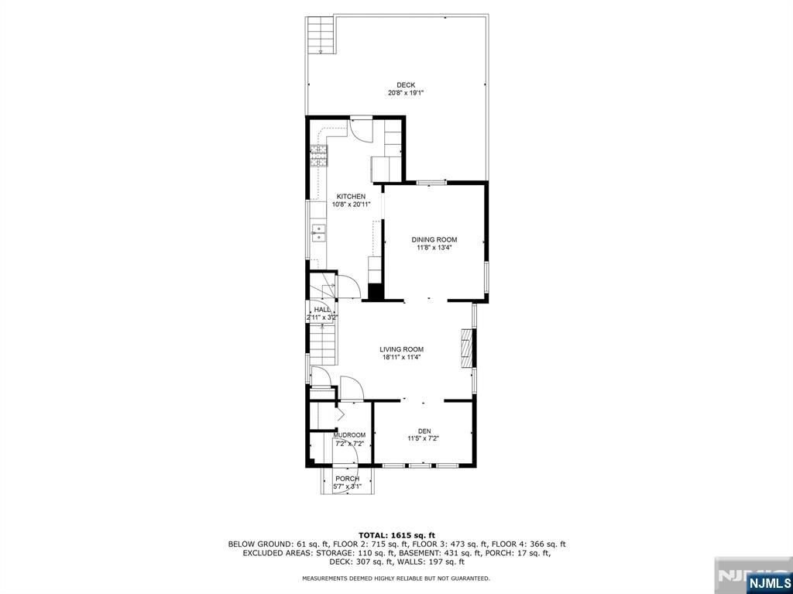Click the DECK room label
pos(406,85)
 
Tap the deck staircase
pos(320,35)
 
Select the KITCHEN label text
pos(350,197)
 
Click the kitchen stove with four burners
pos(318,156)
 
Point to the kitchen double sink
pos(318,232)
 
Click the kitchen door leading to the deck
pos(361,128)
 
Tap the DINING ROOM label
pos(434,239)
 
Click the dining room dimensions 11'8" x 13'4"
pos(434,248)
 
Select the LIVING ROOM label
pos(401,349)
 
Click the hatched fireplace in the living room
pos(466,349)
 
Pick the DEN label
pos(424,431)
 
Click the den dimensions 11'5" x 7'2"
pos(424,438)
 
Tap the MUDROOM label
pos(349,435)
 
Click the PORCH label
pos(347,479)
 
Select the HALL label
pos(322,310)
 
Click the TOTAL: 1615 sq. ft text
pos(396,535)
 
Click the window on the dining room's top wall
pos(431,183)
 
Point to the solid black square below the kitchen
pos(376,292)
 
